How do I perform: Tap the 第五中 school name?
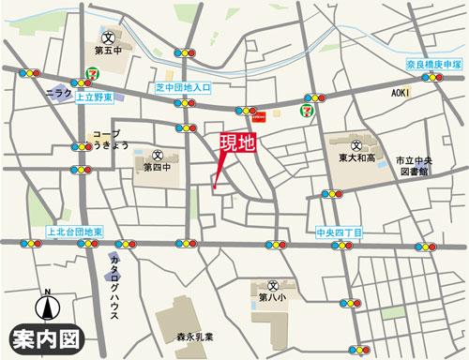(x=111, y=52)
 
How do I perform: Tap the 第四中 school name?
(x=157, y=168)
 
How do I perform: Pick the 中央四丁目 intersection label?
(x=340, y=231)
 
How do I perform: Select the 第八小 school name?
(x=273, y=299)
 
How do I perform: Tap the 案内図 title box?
(x=46, y=337)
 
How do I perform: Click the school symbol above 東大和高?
(x=357, y=145)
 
